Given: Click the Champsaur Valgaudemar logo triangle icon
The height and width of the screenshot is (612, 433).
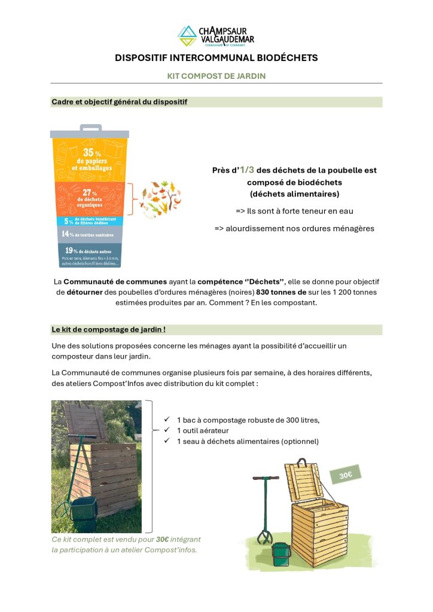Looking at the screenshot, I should pos(187,35).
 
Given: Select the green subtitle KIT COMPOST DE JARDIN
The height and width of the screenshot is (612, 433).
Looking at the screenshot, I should pos(216,76).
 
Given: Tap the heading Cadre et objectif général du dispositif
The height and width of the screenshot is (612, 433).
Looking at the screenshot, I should pos(120,102).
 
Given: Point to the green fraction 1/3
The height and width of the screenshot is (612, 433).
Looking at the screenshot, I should pos(248,170).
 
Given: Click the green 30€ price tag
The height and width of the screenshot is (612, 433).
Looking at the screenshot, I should pos(345,476).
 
